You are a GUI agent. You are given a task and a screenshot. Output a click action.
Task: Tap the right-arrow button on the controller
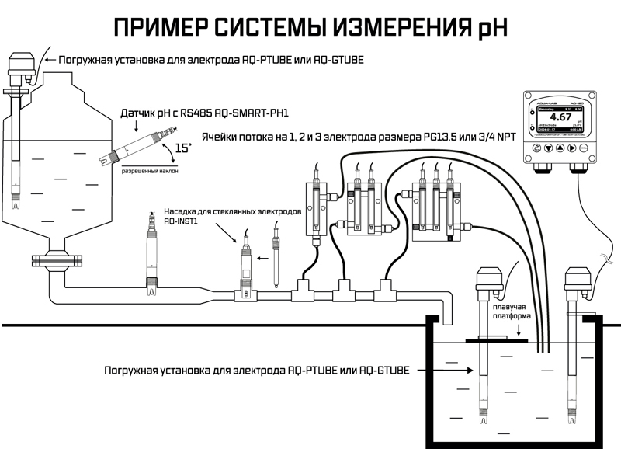pos(572,147)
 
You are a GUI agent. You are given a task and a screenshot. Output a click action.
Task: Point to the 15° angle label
pos(183,147)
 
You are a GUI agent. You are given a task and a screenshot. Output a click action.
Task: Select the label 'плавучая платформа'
pos(510,312)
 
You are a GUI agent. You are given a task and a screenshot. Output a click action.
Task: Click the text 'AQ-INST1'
pos(182,221)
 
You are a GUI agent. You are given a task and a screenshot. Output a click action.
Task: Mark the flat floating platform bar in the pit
pos(498,339)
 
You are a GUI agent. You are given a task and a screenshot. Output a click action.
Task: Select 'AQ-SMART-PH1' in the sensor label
pos(221,113)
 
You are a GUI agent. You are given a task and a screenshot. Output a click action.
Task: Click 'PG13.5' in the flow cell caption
pos(442,134)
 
